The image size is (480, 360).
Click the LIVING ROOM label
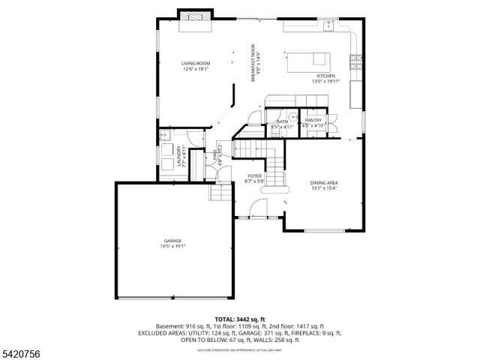pos(196,63)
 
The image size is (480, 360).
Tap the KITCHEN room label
pos(325,76)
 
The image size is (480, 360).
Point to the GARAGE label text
pos(172,241)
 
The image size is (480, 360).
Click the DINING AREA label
pos(324,182)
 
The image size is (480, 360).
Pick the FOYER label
pos(255,175)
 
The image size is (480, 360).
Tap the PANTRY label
pos(313,120)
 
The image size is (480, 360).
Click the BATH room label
pos(283,121)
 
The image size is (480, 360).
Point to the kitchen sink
pos(328,26)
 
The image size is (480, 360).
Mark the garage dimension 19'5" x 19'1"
pos(172,246)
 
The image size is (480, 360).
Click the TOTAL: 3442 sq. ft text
pos(240,319)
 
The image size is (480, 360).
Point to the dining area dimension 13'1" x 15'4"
pos(324,187)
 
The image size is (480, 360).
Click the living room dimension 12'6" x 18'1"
pos(196,68)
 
